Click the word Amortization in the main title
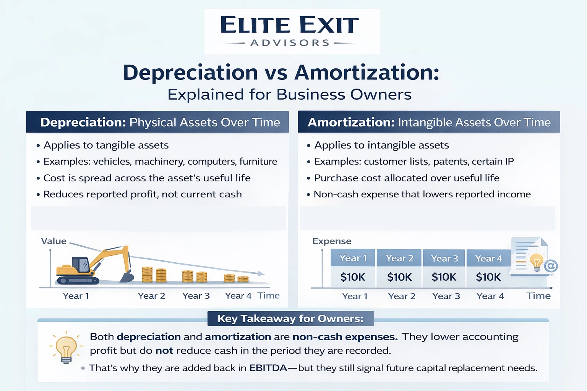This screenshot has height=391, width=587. click(x=367, y=73)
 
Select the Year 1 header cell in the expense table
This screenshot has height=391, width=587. click(x=353, y=259)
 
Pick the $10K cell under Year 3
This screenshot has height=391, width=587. click(x=444, y=277)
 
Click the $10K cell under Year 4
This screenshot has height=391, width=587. click(x=488, y=277)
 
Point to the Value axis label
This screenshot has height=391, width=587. click(x=54, y=241)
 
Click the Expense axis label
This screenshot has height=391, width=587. click(x=331, y=241)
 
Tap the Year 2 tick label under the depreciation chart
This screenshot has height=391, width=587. click(x=151, y=296)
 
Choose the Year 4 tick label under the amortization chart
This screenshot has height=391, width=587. click(x=490, y=296)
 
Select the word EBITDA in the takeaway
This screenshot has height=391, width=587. click(x=268, y=368)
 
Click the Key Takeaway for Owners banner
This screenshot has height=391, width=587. click(x=290, y=318)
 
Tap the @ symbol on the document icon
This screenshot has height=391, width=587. click(x=551, y=266)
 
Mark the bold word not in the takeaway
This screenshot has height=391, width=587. click(x=164, y=351)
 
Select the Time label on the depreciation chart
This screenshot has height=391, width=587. click(x=268, y=296)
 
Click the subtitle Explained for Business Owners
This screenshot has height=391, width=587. click(x=289, y=94)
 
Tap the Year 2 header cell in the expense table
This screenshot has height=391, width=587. click(x=399, y=259)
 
